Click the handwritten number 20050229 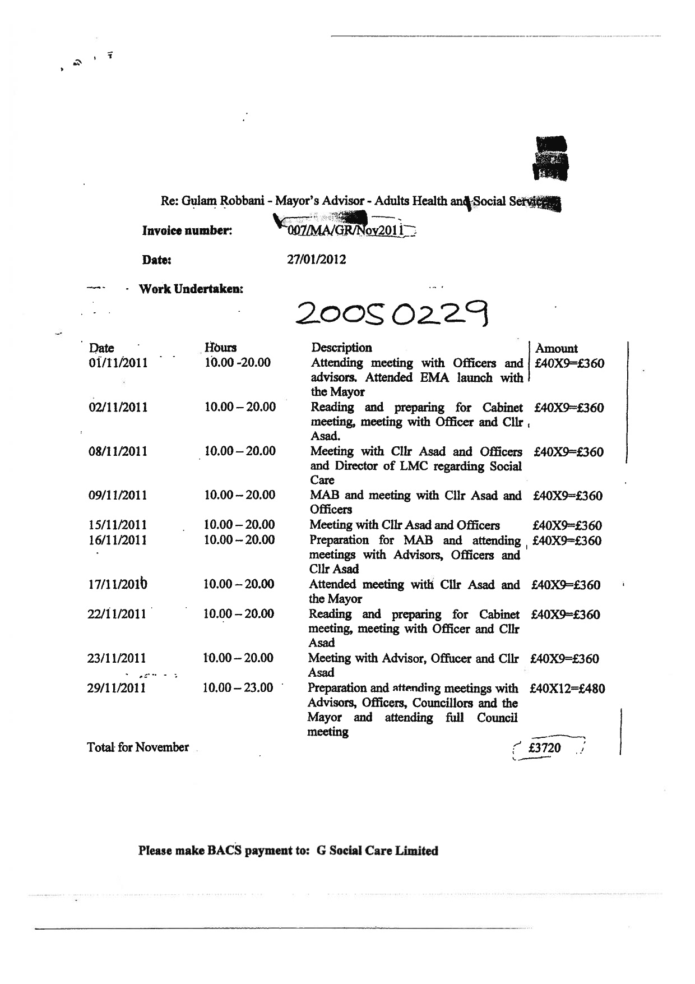tap(392, 314)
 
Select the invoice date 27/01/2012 tap(317, 260)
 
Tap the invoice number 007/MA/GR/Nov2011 tap(346, 230)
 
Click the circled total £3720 tap(545, 747)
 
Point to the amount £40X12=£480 tap(567, 689)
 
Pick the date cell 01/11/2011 tap(118, 363)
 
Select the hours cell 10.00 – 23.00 tap(238, 688)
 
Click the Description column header tap(341, 348)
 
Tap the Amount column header tap(557, 348)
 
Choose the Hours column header tap(221, 348)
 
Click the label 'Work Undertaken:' tap(191, 289)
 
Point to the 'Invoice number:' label tap(187, 230)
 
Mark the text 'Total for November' tap(138, 747)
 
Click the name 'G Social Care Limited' tap(377, 851)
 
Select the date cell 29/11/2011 tap(117, 688)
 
